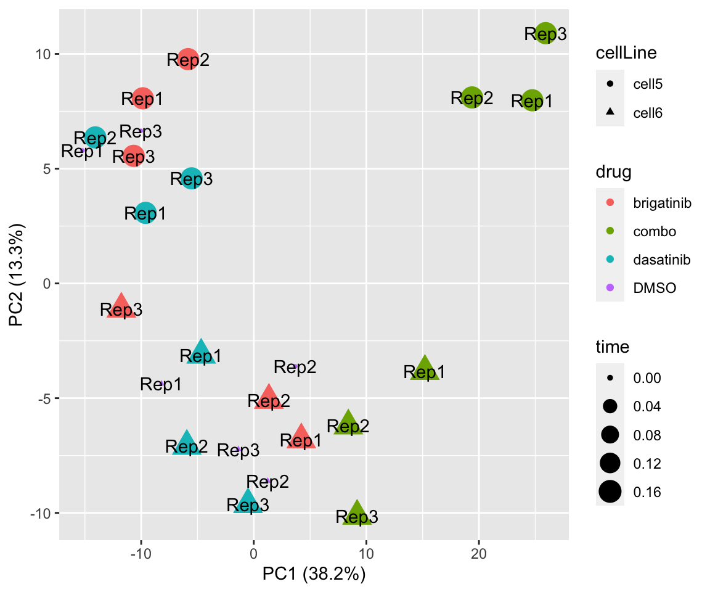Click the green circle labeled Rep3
[545, 33]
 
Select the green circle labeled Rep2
[472, 97]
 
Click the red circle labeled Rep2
[188, 59]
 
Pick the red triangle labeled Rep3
[121, 306]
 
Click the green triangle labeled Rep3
[357, 514]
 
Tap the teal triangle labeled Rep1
[201, 353]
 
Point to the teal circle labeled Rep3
[192, 178]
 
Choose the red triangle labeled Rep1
[301, 437]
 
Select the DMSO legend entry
[641, 288]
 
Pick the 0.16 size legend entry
[635, 491]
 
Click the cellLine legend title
[626, 54]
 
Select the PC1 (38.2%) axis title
[314, 575]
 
